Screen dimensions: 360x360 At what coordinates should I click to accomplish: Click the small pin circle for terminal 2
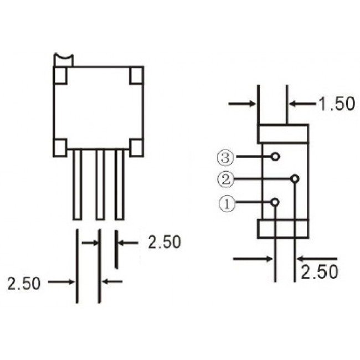[295, 179]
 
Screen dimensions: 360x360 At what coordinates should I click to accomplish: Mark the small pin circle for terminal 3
[275, 157]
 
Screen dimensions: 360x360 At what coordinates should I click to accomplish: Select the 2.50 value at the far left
[24, 283]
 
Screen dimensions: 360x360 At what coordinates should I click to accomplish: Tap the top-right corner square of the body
[136, 75]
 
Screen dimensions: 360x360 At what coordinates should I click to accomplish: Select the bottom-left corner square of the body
[60, 147]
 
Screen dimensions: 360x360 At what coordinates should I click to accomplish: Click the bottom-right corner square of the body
[136, 147]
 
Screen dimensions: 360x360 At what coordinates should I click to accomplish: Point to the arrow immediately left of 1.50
[302, 104]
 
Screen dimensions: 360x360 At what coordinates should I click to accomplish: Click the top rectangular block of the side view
[283, 134]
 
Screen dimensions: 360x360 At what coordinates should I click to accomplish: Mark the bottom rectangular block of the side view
[283, 228]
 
